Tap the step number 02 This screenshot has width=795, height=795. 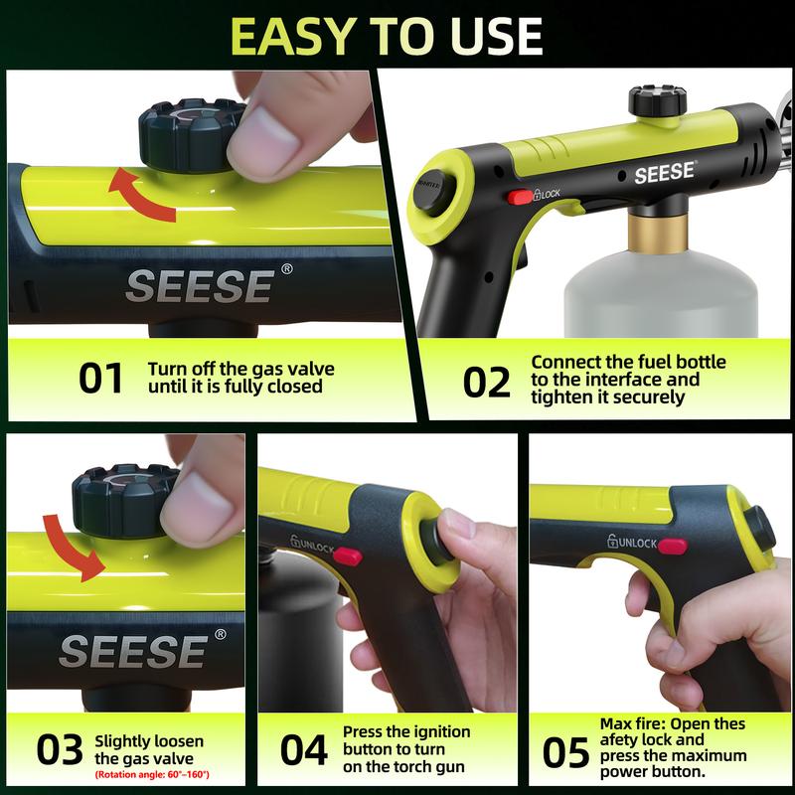pos(487,381)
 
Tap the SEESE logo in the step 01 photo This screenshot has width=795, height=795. pos(198,284)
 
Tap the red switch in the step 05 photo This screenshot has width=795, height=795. pos(673,545)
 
